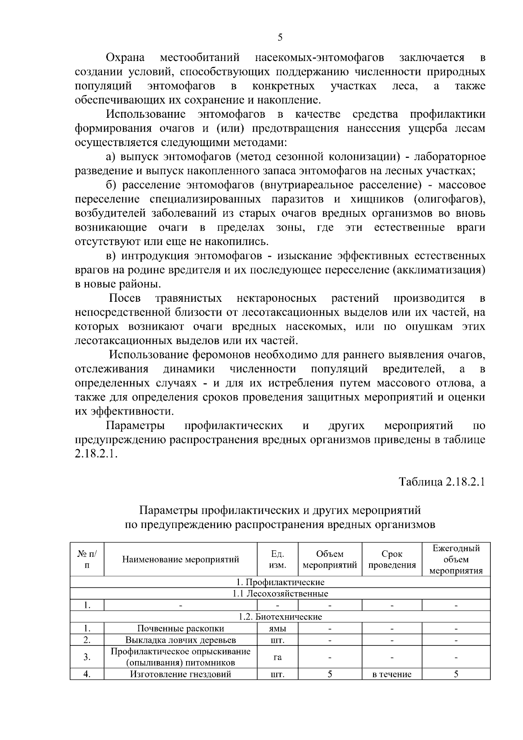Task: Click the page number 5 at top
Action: point(280,38)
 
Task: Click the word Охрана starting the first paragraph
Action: point(126,58)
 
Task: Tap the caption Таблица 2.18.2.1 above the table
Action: point(442,482)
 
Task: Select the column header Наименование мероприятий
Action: point(180,559)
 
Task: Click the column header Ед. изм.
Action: point(278,559)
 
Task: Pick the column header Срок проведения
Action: point(392,559)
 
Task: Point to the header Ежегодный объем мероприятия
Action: point(456,559)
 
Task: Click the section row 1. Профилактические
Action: point(280,582)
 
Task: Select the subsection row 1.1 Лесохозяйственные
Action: point(280,593)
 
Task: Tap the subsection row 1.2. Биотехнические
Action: point(280,617)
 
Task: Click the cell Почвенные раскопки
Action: point(180,628)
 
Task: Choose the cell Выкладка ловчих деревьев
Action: point(180,640)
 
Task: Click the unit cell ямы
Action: point(278,628)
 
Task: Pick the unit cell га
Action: point(278,657)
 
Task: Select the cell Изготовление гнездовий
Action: point(180,674)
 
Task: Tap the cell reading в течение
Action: point(392,675)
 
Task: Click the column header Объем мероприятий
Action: point(330,559)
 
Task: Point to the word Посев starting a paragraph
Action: point(125,298)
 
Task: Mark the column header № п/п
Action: point(87,559)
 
